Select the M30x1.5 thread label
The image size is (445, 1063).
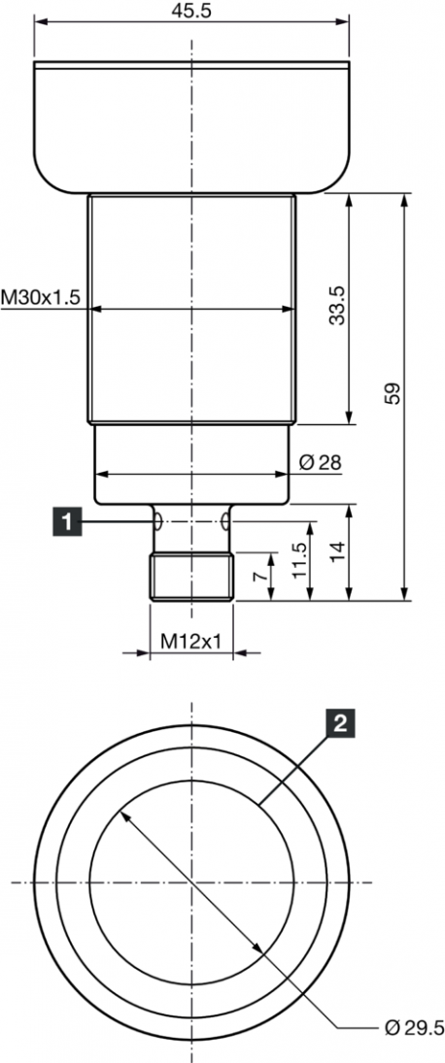41,297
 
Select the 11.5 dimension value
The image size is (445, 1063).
300,560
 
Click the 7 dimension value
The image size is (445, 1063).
257,577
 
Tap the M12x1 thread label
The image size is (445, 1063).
191,640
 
